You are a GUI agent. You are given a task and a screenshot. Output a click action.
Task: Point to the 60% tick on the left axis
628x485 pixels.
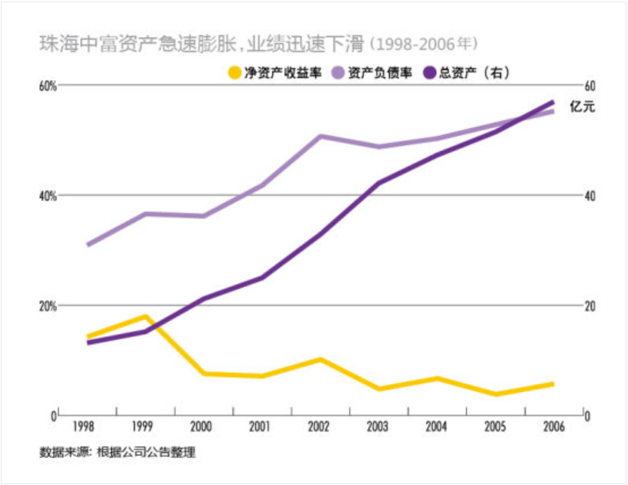point(48,85)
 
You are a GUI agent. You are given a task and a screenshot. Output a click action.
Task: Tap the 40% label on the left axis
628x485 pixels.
point(48,196)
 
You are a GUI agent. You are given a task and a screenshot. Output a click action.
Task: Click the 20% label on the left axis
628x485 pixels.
point(48,306)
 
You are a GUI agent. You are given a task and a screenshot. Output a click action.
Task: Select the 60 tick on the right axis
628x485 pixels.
point(591,85)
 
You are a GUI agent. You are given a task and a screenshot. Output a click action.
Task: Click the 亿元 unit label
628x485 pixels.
point(583,107)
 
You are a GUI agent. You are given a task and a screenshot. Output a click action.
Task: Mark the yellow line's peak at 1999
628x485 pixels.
point(146,316)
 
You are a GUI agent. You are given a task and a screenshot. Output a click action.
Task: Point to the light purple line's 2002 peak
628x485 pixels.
point(320,136)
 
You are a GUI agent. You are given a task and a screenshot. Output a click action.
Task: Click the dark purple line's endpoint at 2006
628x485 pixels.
point(552,102)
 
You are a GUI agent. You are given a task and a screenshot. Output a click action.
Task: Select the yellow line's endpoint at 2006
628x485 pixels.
point(552,384)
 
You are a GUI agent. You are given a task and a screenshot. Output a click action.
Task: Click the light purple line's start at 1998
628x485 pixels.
point(88,245)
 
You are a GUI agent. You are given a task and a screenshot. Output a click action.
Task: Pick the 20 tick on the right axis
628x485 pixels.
point(591,306)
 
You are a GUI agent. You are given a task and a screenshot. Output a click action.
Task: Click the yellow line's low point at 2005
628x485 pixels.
point(495,394)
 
